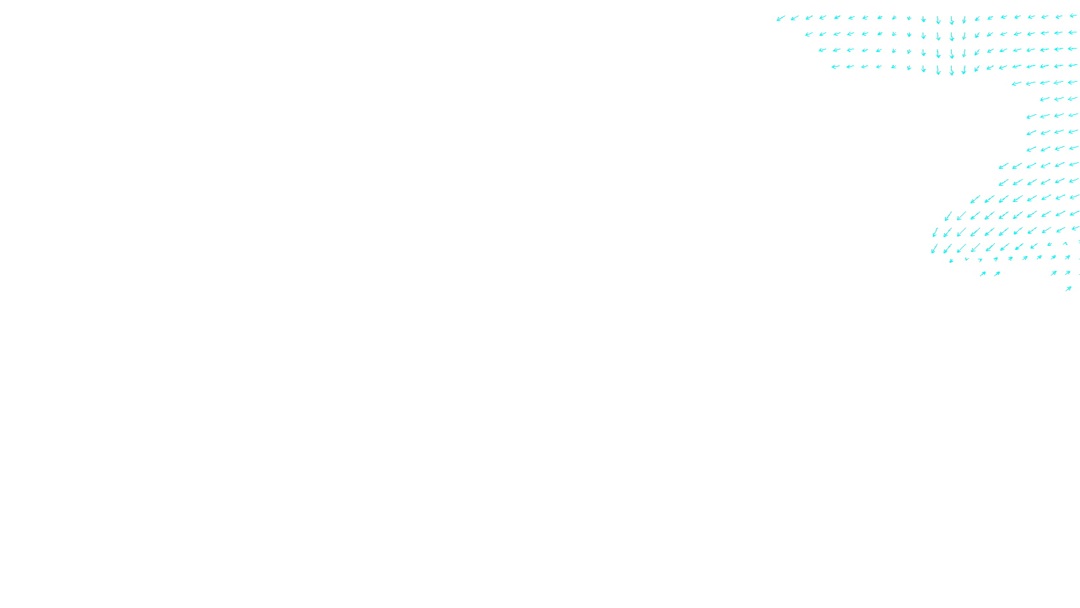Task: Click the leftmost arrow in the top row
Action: pos(781,18)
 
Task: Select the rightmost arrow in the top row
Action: pos(1073,16)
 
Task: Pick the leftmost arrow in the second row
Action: pos(809,34)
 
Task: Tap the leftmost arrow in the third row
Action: pos(822,51)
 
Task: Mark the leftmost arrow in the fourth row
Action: pos(836,67)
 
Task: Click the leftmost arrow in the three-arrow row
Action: pos(1045,99)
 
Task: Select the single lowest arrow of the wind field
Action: pos(1069,288)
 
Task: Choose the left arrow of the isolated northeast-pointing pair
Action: pos(983,274)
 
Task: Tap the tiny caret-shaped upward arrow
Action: pos(1066,244)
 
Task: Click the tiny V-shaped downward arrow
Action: pos(967,259)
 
